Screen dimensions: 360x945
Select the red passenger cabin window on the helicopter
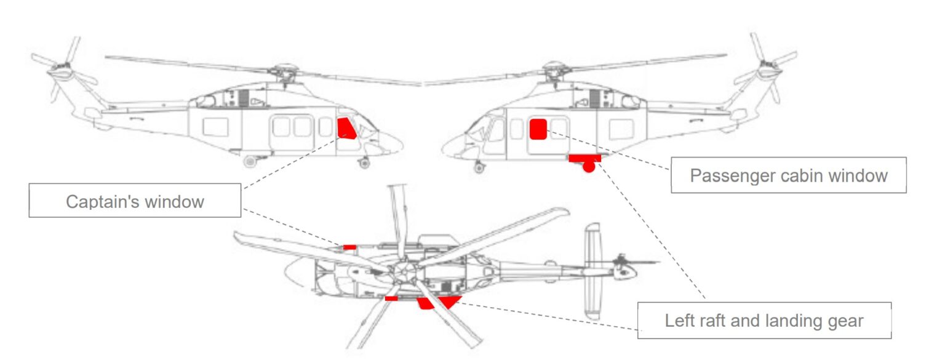click(x=538, y=129)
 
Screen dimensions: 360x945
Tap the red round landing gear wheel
click(x=589, y=166)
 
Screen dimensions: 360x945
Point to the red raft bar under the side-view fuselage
click(x=584, y=158)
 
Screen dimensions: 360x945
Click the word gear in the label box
click(x=843, y=321)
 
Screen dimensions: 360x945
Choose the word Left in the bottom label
click(x=679, y=321)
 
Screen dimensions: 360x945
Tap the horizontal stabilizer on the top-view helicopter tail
click(x=592, y=271)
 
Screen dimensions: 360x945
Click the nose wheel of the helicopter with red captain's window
click(x=364, y=163)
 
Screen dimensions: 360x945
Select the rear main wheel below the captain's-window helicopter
click(x=250, y=162)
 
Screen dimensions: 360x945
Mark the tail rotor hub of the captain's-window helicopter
click(x=61, y=69)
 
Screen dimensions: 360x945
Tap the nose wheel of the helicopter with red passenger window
click(x=479, y=167)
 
